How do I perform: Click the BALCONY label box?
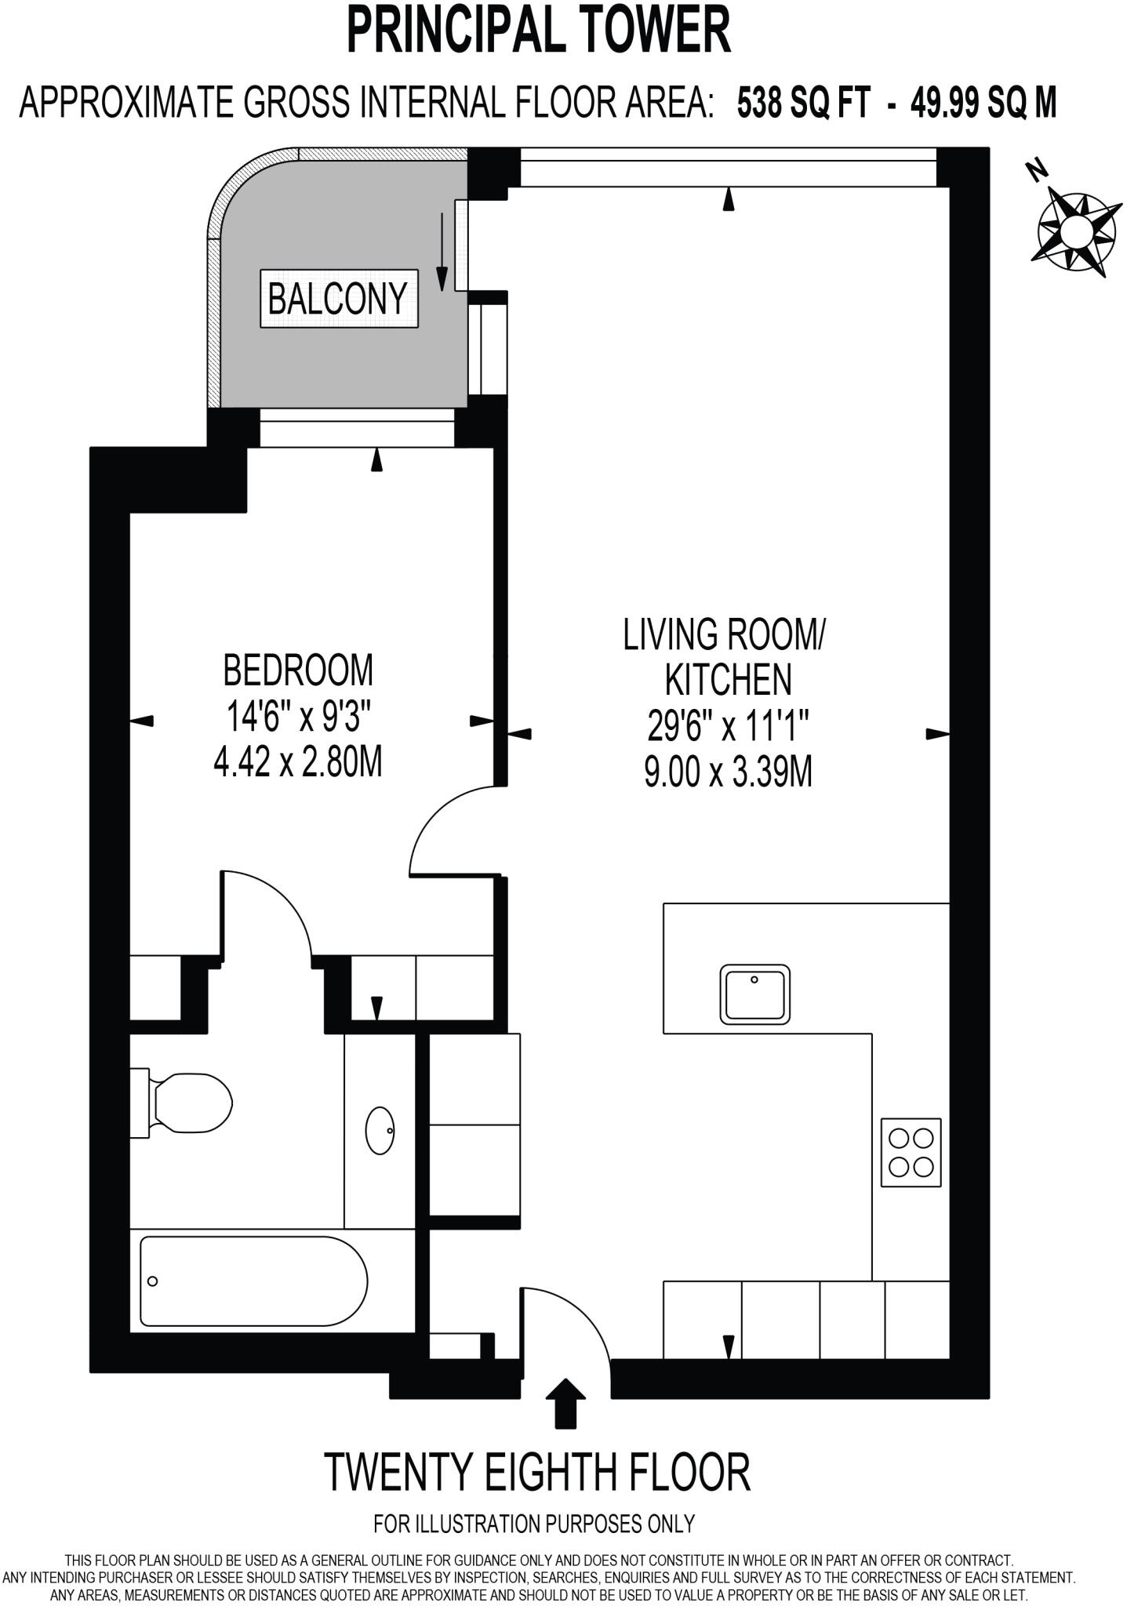coord(339,299)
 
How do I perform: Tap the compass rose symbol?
coord(1076,231)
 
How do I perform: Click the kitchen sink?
coord(754,994)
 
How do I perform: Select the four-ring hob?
coord(911,1152)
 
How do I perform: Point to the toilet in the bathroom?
coord(186,1103)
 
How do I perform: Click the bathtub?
coord(253,1281)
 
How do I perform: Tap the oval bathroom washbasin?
coord(380,1130)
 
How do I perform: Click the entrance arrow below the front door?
coord(565,1403)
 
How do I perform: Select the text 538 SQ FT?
coord(804,103)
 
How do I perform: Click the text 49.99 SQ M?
coord(983,103)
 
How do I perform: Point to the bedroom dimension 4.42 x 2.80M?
coord(298,761)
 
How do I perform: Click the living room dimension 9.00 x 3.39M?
coord(728,772)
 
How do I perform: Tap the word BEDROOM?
coord(298,670)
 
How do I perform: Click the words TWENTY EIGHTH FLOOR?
coord(537,1473)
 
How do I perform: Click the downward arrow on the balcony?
coord(442,251)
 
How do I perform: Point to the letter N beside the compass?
coord(1038,169)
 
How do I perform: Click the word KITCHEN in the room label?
coord(728,680)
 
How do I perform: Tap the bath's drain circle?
coord(153,1281)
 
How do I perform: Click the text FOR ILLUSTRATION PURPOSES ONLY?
coord(534,1524)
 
